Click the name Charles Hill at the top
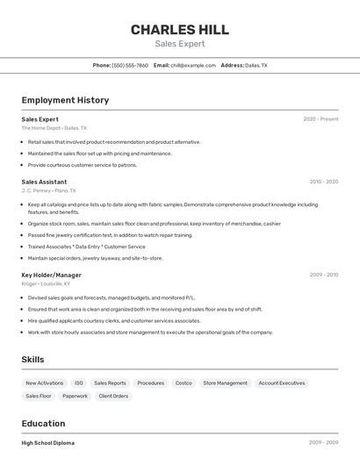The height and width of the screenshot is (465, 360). coord(180,30)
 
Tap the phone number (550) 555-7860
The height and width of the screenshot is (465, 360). coord(130,66)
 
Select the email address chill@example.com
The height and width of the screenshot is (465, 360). coord(193,66)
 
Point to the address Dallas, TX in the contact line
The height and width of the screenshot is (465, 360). coord(256,66)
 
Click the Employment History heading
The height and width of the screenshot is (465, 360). coord(65,100)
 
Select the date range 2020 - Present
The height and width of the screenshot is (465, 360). coord(320,119)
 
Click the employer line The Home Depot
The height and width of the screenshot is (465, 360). coord(54,128)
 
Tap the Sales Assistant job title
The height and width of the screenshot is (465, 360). coord(44,182)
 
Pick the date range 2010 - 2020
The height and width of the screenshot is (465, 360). coord(323,182)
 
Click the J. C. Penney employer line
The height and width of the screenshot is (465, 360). coord(49,190)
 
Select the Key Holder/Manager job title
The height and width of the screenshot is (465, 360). coord(51,275)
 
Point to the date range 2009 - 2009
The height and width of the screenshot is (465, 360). coord(323,275)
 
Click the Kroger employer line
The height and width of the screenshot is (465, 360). coord(46,283)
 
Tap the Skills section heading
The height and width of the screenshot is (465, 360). coord(32,360)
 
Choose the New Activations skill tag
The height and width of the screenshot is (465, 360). coord(45,383)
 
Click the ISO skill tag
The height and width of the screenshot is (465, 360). coord(79,383)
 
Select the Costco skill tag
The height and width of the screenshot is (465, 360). coord(184,383)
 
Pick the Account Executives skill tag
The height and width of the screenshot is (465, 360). coord(282,383)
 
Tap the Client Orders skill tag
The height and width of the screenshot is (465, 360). coord(114,397)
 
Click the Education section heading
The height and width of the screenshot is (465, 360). coord(43,423)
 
